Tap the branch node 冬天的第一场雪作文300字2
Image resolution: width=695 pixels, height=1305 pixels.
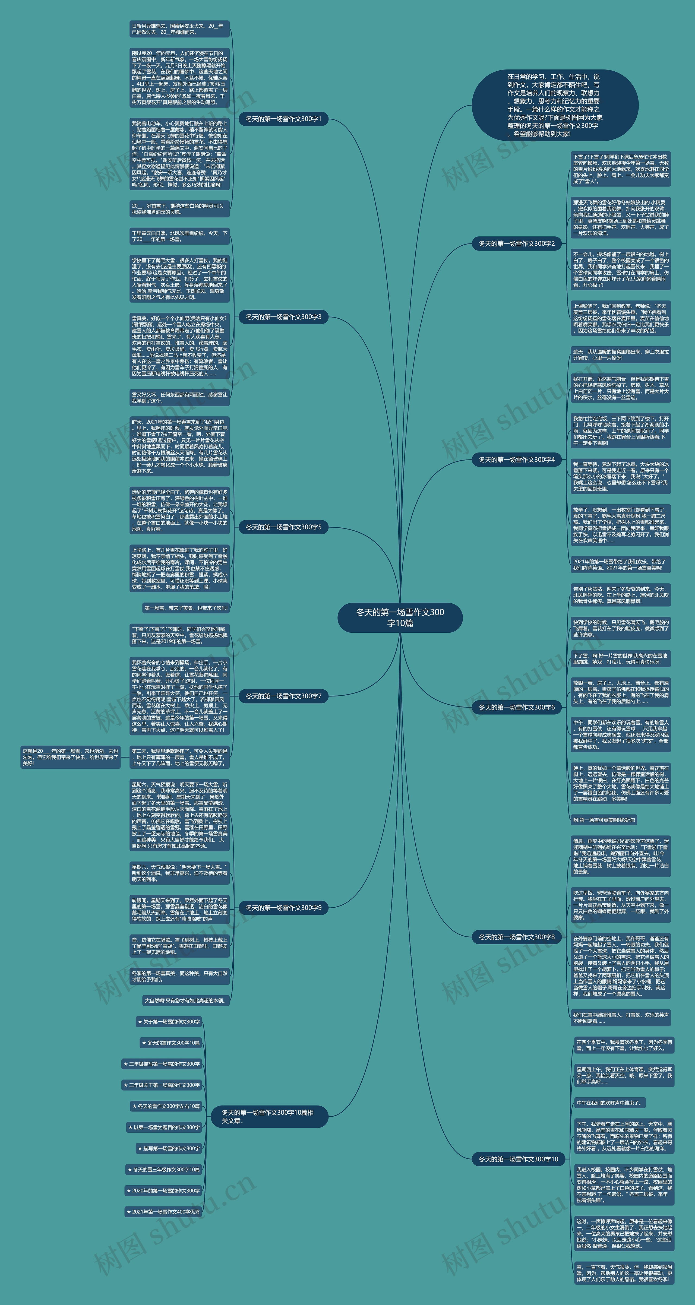[517, 244]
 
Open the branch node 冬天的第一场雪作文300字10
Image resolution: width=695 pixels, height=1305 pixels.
[518, 1159]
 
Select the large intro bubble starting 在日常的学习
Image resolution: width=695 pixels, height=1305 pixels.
[555, 105]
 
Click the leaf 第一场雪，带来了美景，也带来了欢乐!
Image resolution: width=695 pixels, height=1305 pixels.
[186, 608]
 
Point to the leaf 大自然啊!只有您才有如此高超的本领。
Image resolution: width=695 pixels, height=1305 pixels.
[186, 1000]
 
